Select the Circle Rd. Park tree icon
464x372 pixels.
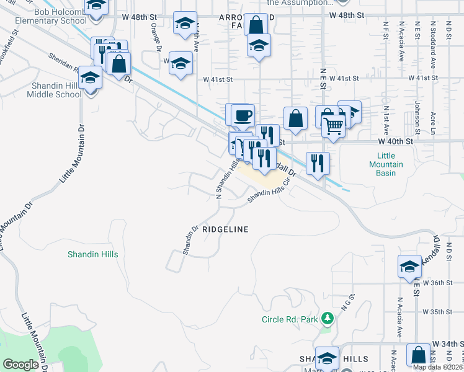click(x=327, y=320)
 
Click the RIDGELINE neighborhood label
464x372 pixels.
click(x=225, y=229)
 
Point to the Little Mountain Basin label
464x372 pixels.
click(x=386, y=164)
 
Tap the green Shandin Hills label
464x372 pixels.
click(x=92, y=254)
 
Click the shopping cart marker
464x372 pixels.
click(x=334, y=126)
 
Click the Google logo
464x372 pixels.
click(x=20, y=365)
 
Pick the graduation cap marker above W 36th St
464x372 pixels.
click(x=409, y=266)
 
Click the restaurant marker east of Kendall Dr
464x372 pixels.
click(x=318, y=163)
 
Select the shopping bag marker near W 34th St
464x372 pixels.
click(x=418, y=355)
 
